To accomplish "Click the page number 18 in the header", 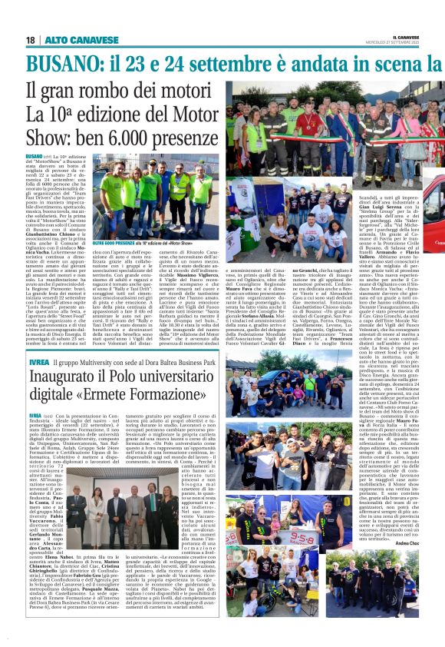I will pyautogui.click(x=30, y=39).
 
